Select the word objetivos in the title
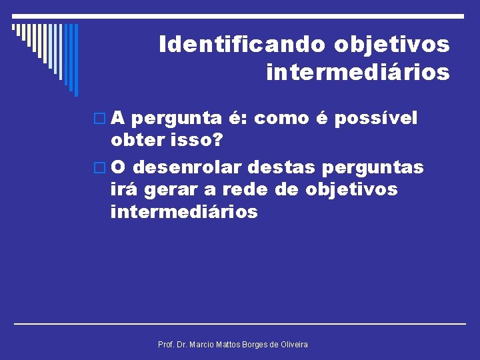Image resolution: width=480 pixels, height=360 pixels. tap(392, 45)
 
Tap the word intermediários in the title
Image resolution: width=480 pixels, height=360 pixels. tap(357, 71)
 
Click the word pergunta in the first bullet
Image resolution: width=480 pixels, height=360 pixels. tap(177, 119)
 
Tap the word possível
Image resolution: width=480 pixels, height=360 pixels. tap(376, 118)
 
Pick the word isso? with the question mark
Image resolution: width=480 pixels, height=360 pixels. tap(198, 141)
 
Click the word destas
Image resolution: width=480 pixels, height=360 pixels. tap(279, 166)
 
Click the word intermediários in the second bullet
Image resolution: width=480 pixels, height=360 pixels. tap(184, 212)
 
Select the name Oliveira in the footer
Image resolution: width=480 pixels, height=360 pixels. tap(292, 344)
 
